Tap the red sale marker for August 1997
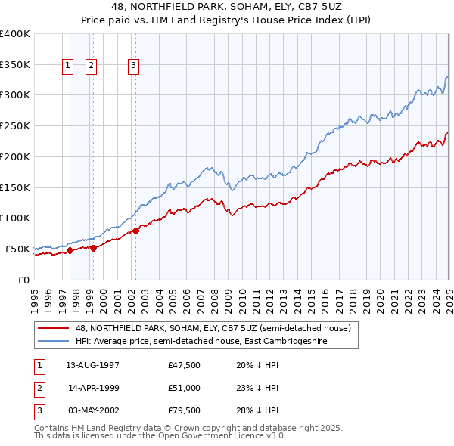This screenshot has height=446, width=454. click(70, 250)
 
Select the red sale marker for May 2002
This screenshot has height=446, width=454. click(135, 231)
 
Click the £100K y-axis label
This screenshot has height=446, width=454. click(15, 218)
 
